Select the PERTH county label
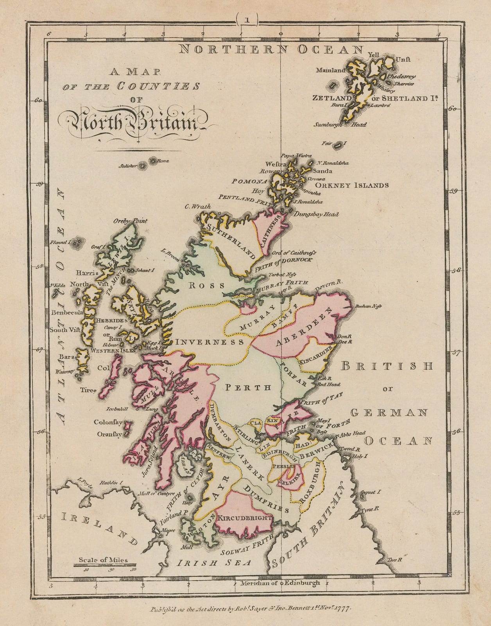tap(248, 388)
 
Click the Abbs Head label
tap(352, 433)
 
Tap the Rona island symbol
tap(153, 161)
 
